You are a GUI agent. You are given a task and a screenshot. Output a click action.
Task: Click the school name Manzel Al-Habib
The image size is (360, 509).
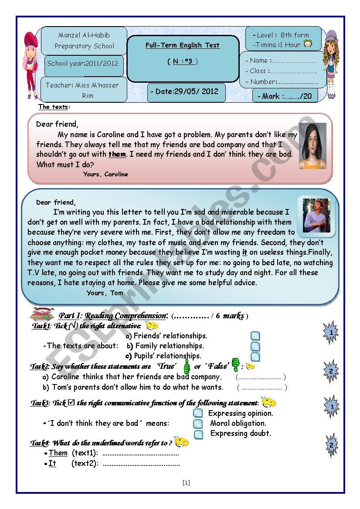pos(84,35)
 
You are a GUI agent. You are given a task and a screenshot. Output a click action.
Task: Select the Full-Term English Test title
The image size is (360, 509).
pos(183,45)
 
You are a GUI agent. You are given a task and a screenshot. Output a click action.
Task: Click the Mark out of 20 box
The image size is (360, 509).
pos(285,96)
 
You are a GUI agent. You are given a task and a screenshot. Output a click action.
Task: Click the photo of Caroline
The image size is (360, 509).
pos(312,146)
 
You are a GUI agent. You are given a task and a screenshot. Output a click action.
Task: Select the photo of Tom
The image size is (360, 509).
pos(316,216)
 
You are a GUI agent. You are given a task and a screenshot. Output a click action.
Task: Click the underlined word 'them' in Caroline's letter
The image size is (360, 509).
pos(117,154)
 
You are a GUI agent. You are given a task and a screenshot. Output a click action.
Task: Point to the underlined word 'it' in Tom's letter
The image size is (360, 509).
pos(245,252)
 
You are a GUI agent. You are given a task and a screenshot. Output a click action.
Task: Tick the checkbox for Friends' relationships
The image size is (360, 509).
pos(255,336)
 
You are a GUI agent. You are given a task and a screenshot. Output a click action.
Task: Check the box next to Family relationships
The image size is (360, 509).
pos(255,347)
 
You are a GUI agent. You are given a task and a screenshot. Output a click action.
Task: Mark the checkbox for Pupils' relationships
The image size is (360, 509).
pos(255,357)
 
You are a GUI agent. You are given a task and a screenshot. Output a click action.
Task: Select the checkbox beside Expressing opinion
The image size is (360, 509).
pos(198,413)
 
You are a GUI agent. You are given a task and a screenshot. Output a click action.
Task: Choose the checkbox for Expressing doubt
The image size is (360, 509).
pos(198,434)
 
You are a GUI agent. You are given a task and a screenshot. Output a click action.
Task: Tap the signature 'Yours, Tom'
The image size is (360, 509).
pos(105,293)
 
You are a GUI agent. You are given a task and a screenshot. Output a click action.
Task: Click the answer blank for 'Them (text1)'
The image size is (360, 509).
pos(140,454)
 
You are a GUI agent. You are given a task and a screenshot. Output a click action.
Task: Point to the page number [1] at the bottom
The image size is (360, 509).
pos(186,482)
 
